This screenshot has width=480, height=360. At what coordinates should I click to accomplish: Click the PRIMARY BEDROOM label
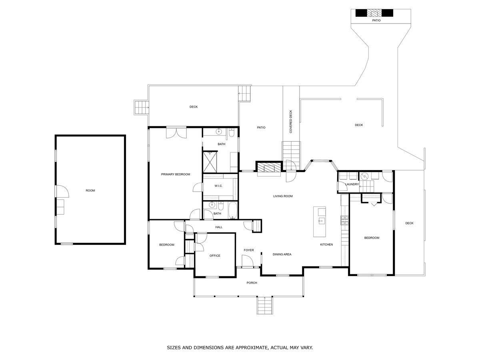click(x=175, y=174)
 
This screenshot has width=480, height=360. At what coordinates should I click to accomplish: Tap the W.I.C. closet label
click(x=218, y=186)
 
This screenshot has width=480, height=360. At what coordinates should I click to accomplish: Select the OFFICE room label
click(x=215, y=256)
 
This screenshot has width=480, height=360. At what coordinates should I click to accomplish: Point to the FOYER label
click(x=249, y=250)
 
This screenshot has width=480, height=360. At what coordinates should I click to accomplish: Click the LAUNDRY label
click(x=352, y=184)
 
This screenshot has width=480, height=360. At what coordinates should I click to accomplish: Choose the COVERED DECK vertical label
click(x=291, y=122)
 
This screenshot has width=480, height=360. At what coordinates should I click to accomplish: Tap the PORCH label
click(x=252, y=283)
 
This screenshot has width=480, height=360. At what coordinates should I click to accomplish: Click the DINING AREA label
click(x=282, y=254)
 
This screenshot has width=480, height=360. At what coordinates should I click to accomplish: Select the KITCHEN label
click(x=326, y=244)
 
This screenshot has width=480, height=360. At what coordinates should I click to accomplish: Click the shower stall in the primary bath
click(x=210, y=162)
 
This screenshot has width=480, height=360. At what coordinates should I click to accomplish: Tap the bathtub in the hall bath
click(x=232, y=210)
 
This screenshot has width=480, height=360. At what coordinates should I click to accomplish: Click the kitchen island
click(x=319, y=222)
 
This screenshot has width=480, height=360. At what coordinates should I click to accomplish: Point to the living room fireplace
click(x=268, y=168)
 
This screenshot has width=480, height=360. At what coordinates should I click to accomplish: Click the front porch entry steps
click(x=265, y=305)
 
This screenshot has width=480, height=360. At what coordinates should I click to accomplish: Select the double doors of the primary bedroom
click(x=176, y=132)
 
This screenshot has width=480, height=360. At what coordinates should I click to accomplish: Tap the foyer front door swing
click(x=247, y=261)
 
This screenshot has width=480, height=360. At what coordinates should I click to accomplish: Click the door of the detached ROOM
click(x=62, y=191)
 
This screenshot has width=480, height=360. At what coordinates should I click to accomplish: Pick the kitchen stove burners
click(x=344, y=220)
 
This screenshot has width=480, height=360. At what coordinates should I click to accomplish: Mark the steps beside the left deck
click(x=142, y=107)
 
